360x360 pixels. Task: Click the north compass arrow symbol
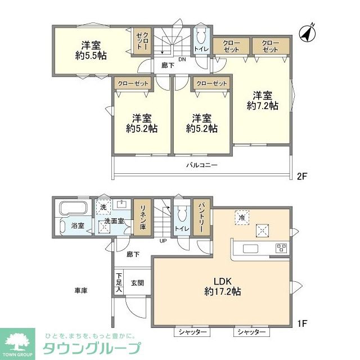307,33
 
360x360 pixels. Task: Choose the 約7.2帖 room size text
263,105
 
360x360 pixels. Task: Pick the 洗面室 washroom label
112,222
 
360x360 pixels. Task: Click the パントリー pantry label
201,217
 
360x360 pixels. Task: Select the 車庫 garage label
80,290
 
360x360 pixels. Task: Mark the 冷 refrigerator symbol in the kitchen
241,217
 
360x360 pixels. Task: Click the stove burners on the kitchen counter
281,248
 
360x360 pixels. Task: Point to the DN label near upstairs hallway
182,58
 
